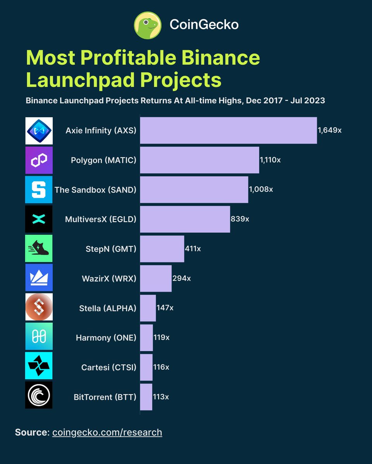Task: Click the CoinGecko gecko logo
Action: (148, 25)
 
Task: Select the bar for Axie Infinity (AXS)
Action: (228, 130)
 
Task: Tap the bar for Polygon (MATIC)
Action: (199, 160)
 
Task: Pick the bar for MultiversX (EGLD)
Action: (185, 219)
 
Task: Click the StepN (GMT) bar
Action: (162, 249)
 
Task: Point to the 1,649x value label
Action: (329, 130)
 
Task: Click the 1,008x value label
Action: (261, 189)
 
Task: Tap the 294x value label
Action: (181, 278)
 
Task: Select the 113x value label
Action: (161, 397)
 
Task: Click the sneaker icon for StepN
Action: (39, 249)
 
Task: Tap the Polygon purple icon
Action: (39, 160)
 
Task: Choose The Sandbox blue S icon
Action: (39, 189)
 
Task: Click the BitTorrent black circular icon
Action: (39, 395)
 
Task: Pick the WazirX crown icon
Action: (39, 278)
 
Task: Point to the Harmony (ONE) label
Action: (106, 338)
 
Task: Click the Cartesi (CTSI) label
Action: (108, 367)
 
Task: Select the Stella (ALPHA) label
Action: (107, 308)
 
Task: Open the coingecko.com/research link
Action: (107, 432)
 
